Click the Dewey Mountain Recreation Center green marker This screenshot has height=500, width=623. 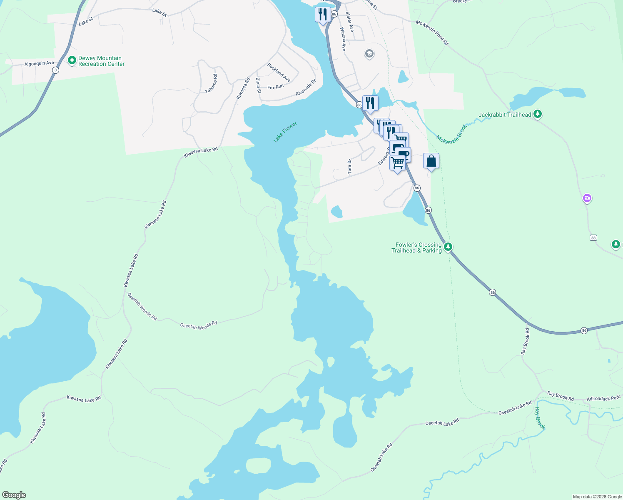pyautogui.click(x=72, y=61)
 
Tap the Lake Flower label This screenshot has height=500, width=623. pyautogui.click(x=285, y=132)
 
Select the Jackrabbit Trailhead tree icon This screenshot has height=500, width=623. pyautogui.click(x=538, y=114)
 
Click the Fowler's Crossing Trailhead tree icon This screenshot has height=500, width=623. pyautogui.click(x=448, y=247)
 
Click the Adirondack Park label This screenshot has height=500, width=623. pyautogui.click(x=603, y=398)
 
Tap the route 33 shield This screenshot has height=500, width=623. pyautogui.click(x=593, y=237)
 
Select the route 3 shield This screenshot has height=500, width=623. pyautogui.click(x=55, y=70)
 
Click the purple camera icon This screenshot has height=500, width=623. pyautogui.click(x=587, y=198)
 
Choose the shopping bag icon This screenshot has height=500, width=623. pyautogui.click(x=431, y=161)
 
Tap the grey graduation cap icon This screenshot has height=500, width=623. pyautogui.click(x=369, y=54)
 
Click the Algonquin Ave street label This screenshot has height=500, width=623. pyautogui.click(x=39, y=64)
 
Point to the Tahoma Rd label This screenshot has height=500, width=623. pyautogui.click(x=211, y=83)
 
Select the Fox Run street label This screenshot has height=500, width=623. pyautogui.click(x=275, y=87)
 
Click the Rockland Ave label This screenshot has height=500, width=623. pyautogui.click(x=279, y=72)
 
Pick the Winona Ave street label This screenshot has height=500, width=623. pyautogui.click(x=343, y=39)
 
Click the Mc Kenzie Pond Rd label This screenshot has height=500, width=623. pyautogui.click(x=432, y=32)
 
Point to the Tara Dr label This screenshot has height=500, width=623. pyautogui.click(x=349, y=166)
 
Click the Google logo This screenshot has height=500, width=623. pyautogui.click(x=14, y=495)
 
